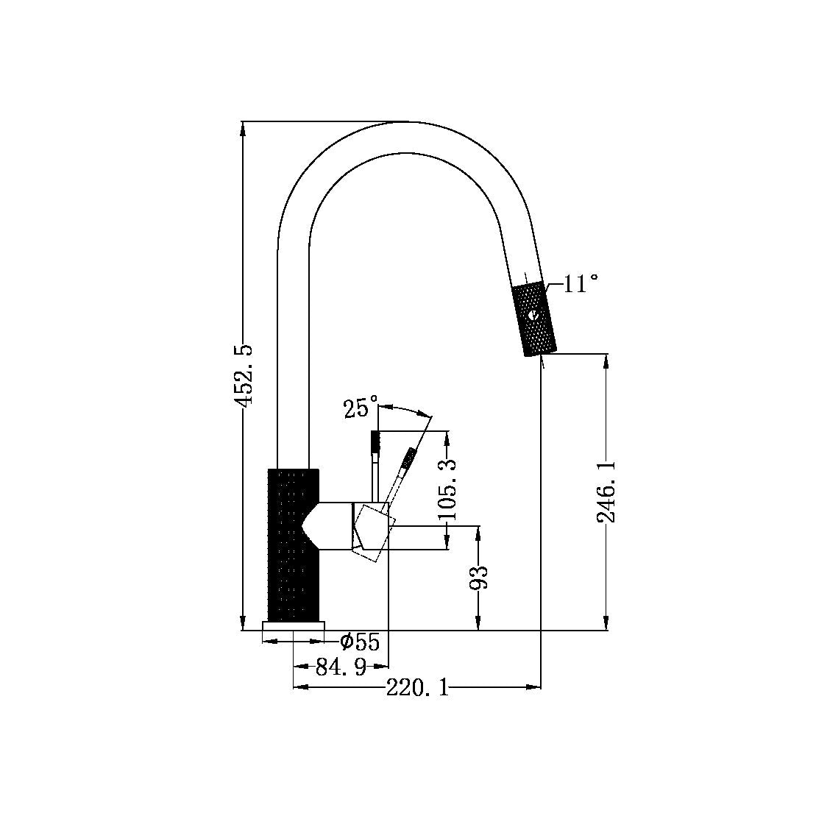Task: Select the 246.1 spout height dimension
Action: pos(606,492)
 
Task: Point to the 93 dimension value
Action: pos(479,578)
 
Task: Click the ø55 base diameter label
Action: pos(360,642)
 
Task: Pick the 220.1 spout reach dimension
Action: pos(417,688)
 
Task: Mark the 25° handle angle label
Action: pos(360,408)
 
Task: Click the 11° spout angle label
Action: pos(581,284)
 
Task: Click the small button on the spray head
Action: pos(533,316)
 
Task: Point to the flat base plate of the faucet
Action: pos(293,625)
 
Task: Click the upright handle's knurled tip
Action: pos(375,442)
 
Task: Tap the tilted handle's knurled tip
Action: pos(407,461)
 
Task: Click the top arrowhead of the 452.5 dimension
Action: pos(244,127)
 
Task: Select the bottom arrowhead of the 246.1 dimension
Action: pos(606,625)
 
